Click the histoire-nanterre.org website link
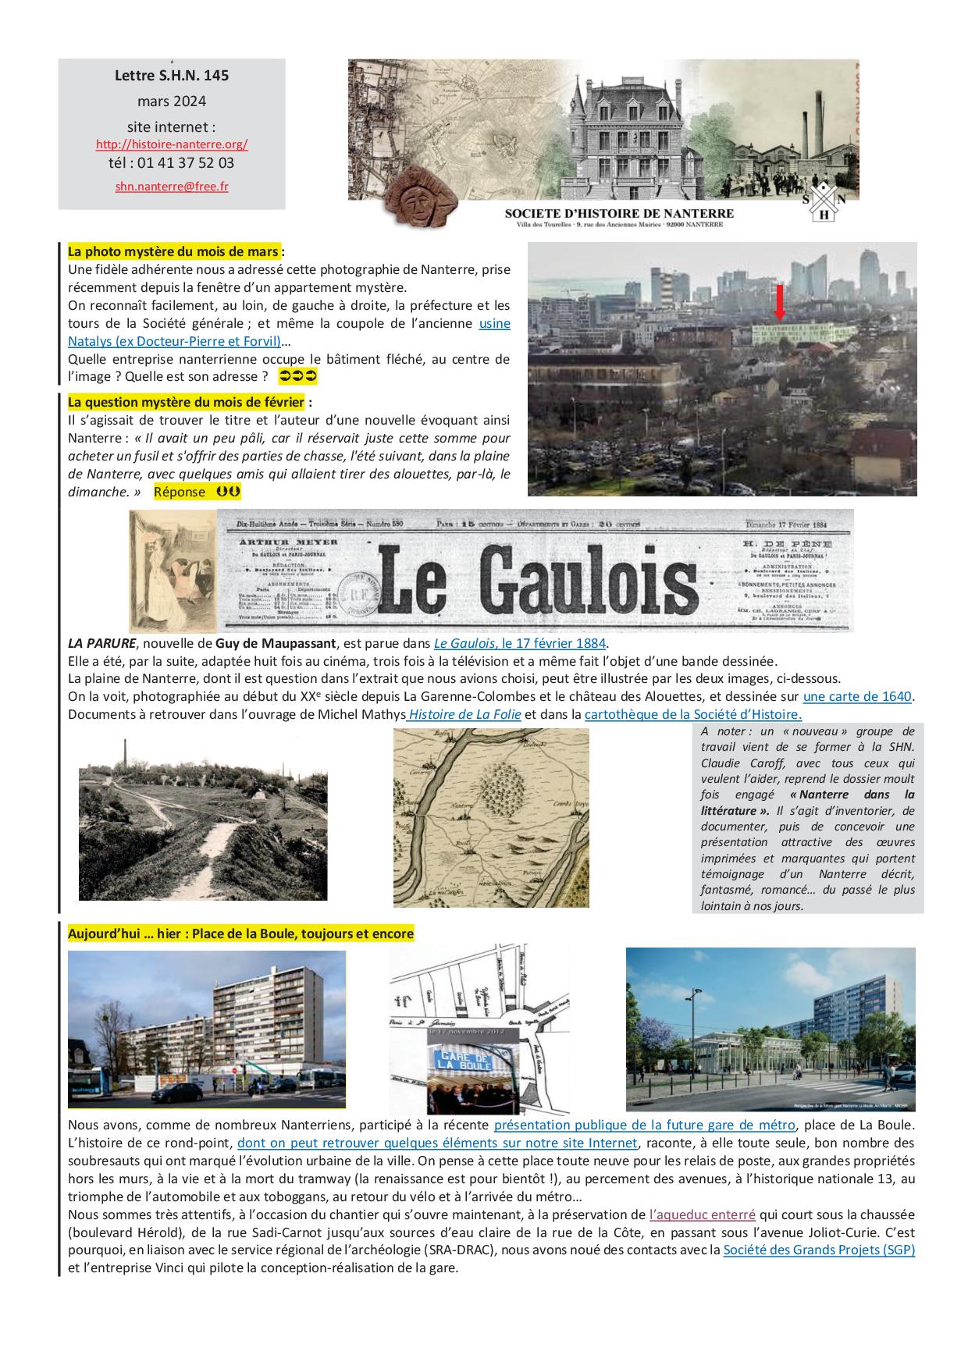tap(172, 144)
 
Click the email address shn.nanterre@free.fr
tap(172, 187)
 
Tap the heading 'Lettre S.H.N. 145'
tap(172, 76)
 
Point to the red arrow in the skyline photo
tap(779, 303)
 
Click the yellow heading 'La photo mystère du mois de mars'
tap(173, 251)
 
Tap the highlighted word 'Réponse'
tap(180, 492)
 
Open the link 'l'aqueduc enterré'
tap(702, 1214)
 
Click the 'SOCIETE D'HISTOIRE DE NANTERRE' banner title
tap(619, 213)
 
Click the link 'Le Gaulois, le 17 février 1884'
tap(520, 643)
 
